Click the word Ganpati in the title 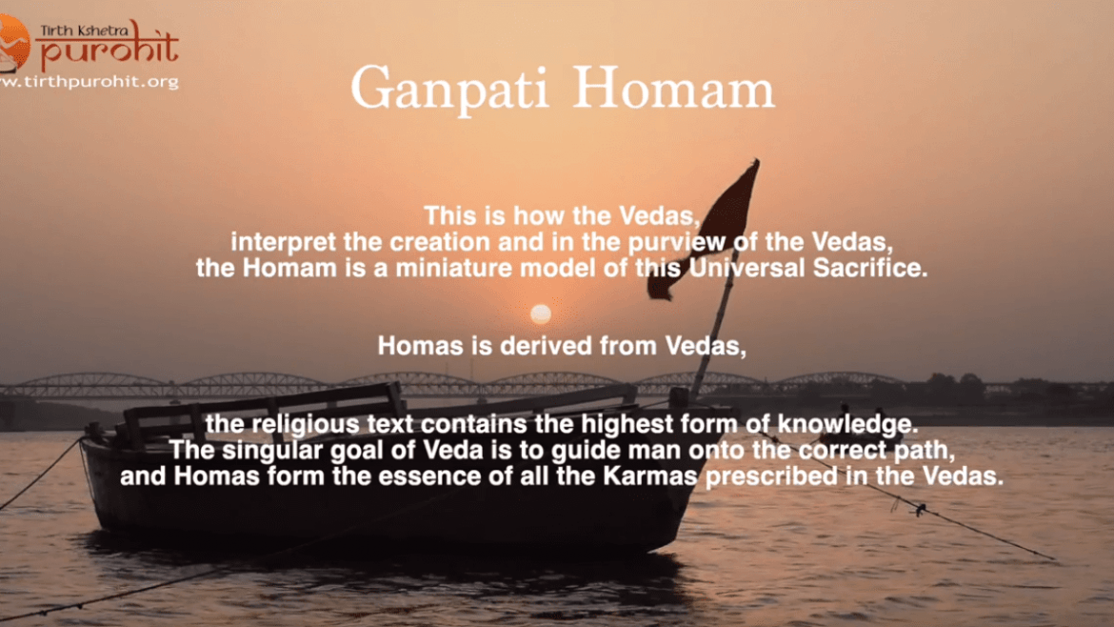(449, 90)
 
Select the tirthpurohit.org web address (90, 82)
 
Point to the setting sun (541, 313)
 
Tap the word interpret (283, 243)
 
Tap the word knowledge (847, 424)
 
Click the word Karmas (650, 476)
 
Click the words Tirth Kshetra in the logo (85, 30)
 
